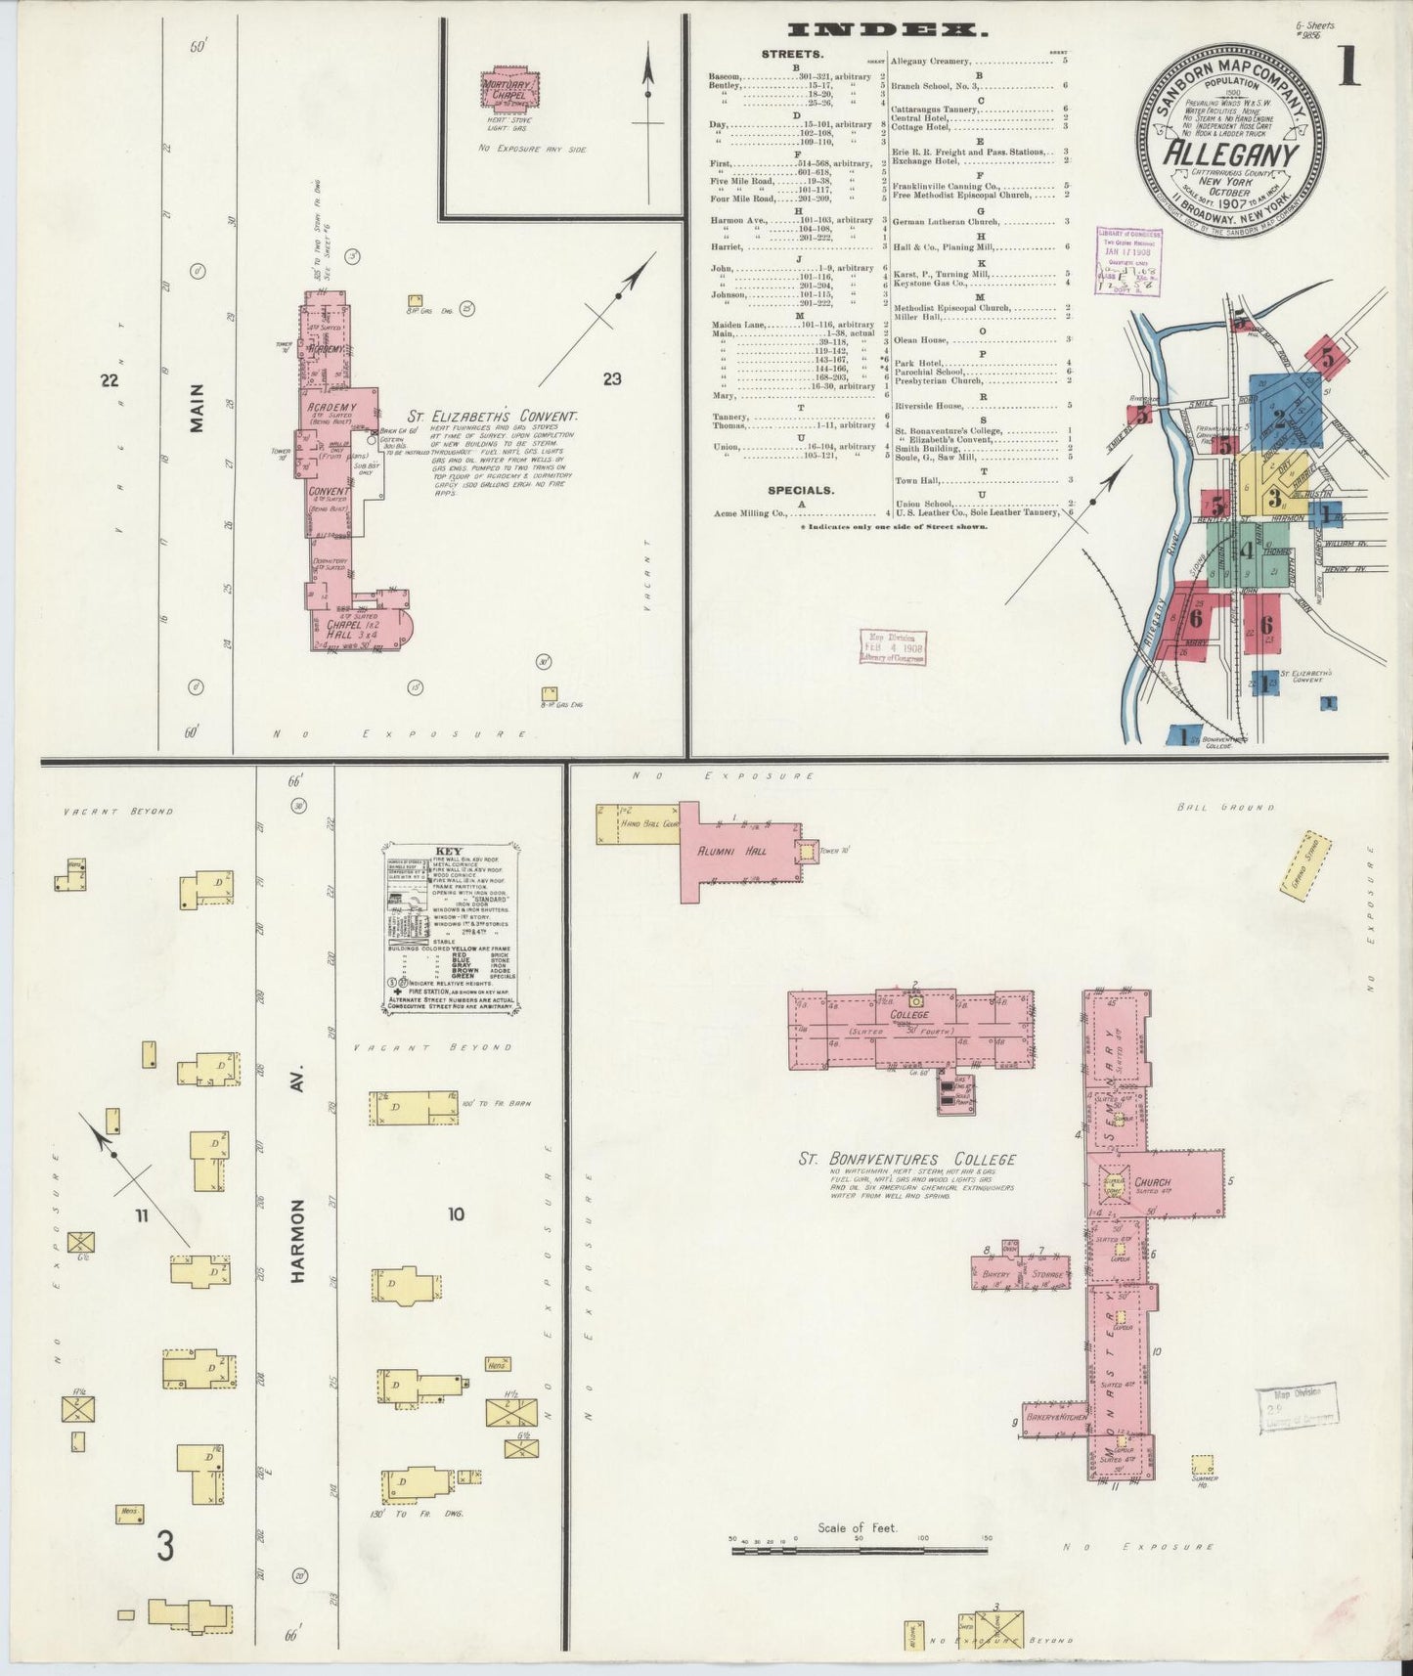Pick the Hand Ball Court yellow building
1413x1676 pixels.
pyautogui.click(x=637, y=824)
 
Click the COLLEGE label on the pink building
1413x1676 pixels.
pyautogui.click(x=909, y=1015)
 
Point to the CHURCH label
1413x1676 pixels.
pyautogui.click(x=1153, y=1182)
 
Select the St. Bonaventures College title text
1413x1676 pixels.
pyautogui.click(x=907, y=1160)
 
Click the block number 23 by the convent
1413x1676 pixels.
pyautogui.click(x=611, y=379)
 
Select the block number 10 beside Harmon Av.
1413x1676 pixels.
pyautogui.click(x=456, y=1214)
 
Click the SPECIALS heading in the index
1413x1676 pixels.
pyautogui.click(x=800, y=490)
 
